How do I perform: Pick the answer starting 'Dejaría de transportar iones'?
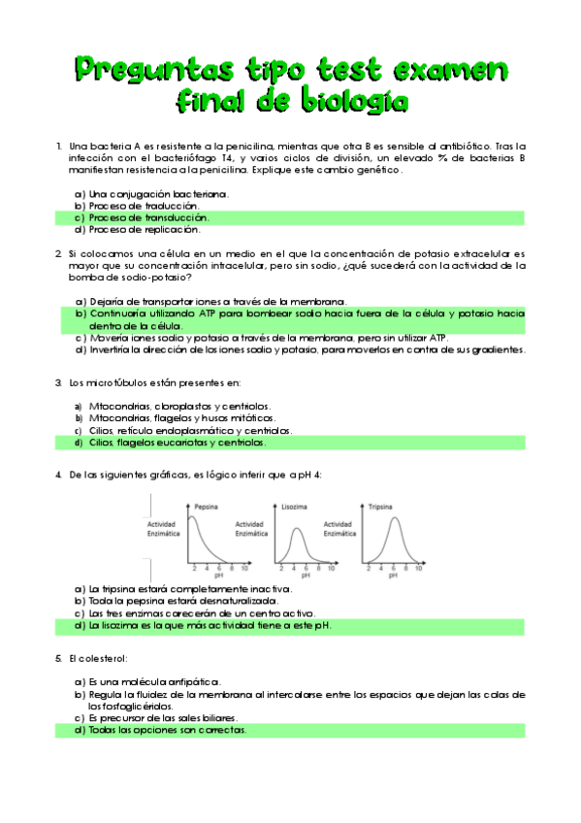(x=218, y=301)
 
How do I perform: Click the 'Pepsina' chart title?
(x=205, y=507)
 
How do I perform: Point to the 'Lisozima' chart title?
(x=295, y=507)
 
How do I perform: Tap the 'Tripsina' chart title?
(x=380, y=507)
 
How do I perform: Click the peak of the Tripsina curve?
(x=393, y=518)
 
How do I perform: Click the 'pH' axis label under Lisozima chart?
(x=305, y=576)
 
